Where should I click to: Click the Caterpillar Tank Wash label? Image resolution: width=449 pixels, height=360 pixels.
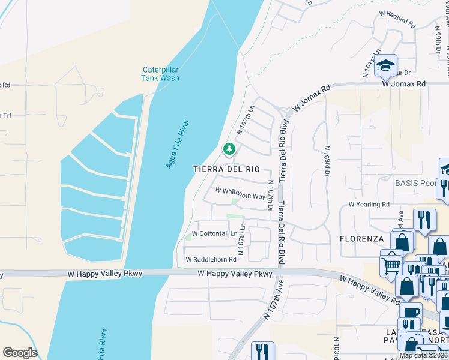160,74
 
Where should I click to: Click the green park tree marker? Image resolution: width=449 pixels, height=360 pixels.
228,148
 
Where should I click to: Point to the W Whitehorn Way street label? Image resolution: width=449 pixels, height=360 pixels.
240,196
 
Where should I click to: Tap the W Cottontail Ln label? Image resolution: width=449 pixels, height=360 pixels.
214,233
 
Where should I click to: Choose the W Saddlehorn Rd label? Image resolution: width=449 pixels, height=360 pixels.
211,260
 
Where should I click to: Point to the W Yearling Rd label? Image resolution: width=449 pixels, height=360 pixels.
369,205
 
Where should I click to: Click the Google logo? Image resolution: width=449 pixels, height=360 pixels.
19,353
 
